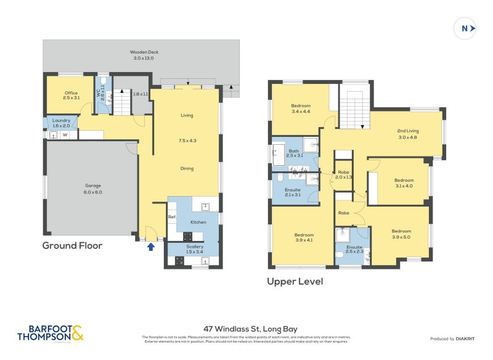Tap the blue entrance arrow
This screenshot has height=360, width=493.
150,247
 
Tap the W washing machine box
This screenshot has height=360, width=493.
65,134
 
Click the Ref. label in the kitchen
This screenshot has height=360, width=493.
172,218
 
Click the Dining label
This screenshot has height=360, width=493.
187,168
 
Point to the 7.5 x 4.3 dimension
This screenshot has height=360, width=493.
187,141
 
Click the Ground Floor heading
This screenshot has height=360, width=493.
72,245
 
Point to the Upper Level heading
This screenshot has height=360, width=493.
295,281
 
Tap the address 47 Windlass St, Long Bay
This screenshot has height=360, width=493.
246,329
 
